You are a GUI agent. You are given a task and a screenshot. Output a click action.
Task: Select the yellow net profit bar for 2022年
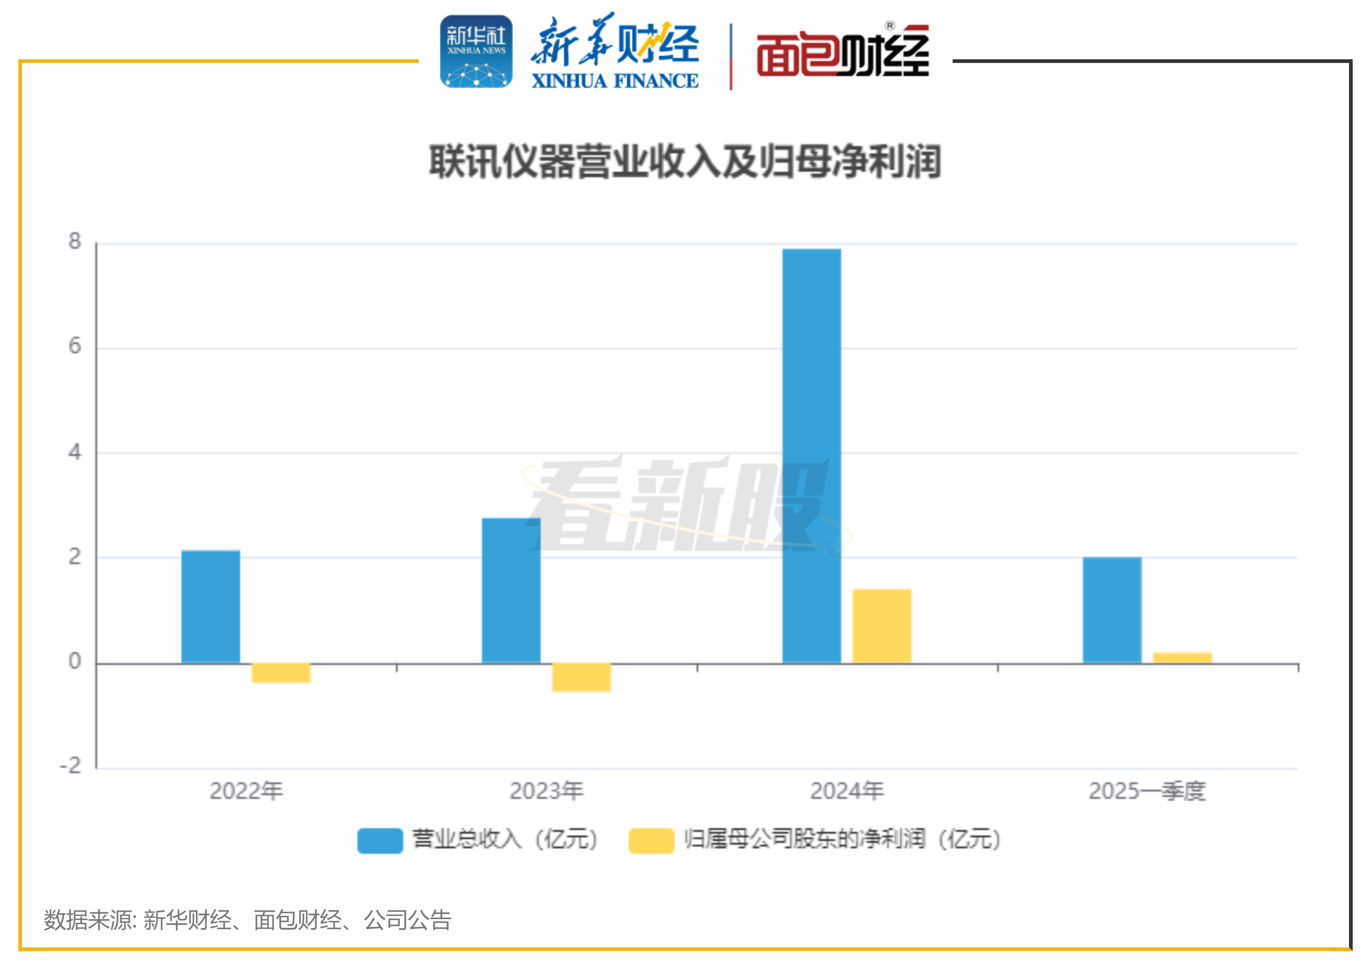[x=280, y=673]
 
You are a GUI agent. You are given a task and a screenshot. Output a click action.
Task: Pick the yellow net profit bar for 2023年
[x=581, y=678]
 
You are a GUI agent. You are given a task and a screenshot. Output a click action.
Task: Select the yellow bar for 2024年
[x=881, y=626]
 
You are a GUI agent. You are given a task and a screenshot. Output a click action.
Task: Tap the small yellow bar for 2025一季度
[x=1182, y=658]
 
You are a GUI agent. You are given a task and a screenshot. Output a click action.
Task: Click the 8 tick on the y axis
[x=75, y=241]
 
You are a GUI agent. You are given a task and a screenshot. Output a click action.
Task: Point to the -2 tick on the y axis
[x=71, y=766]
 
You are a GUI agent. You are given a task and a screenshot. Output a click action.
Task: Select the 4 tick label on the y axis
[x=75, y=452]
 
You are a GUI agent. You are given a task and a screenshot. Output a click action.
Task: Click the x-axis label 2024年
[x=846, y=791]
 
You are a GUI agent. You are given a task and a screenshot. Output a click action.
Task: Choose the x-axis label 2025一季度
[x=1146, y=791]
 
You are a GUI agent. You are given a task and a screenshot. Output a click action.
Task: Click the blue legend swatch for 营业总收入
[x=380, y=840]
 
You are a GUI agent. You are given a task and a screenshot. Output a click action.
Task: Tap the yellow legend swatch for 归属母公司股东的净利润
[x=651, y=840]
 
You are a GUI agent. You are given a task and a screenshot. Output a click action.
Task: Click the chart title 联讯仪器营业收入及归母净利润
[x=685, y=162]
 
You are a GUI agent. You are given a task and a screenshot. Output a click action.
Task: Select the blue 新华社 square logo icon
[x=476, y=52]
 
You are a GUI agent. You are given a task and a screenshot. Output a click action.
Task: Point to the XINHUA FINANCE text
[x=614, y=81]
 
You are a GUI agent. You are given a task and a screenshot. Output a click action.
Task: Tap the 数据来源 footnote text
[x=247, y=920]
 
